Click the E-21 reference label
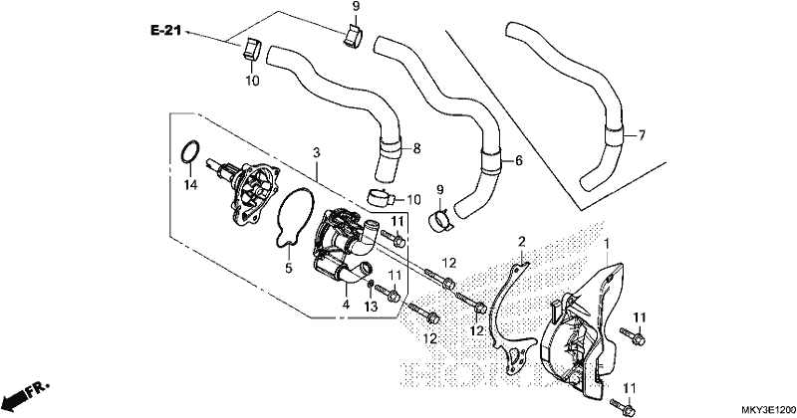click(x=165, y=31)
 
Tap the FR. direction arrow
click(x=27, y=394)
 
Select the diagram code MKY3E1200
click(x=767, y=410)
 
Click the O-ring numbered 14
click(x=190, y=152)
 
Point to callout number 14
click(x=190, y=185)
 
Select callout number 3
click(x=316, y=152)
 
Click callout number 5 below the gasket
click(x=289, y=268)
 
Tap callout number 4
click(x=346, y=305)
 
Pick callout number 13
click(x=371, y=307)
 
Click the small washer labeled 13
click(x=371, y=283)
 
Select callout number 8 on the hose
click(x=416, y=148)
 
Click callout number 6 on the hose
click(x=518, y=160)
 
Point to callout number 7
click(x=642, y=135)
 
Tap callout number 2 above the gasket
click(x=521, y=241)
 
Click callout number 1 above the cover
click(x=607, y=245)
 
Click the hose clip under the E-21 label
click(x=251, y=50)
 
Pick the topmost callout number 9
click(x=356, y=7)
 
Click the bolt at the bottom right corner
click(x=623, y=406)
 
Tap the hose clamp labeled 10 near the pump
click(x=380, y=197)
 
